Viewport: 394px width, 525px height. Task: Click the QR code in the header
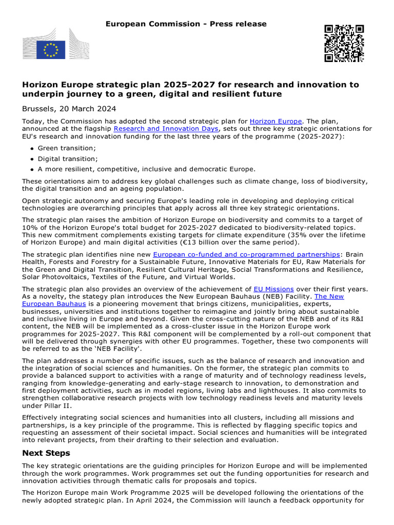[344, 43]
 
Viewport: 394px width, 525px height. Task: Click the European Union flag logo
[50, 50]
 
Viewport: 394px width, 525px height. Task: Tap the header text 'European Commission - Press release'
[186, 24]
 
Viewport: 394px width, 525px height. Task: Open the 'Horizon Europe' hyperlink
[276, 122]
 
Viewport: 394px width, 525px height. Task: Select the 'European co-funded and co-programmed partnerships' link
[246, 254]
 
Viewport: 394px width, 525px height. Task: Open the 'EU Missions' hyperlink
[273, 289]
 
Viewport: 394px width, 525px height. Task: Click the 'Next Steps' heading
[46, 453]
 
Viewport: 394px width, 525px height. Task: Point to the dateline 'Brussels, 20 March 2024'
[69, 109]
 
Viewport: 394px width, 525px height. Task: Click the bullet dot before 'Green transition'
[32, 149]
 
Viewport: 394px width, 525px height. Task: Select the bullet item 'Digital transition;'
[68, 159]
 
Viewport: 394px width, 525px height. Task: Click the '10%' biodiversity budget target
[30, 227]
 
